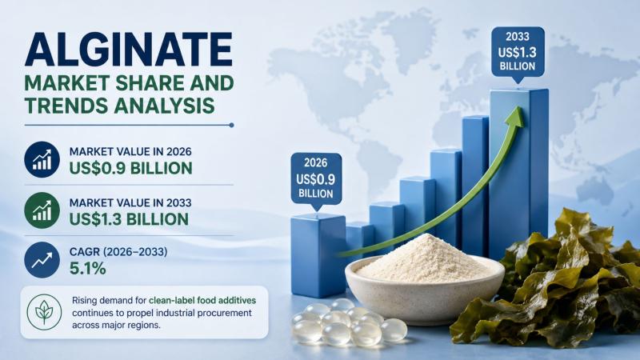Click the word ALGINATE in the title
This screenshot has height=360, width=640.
click(129, 50)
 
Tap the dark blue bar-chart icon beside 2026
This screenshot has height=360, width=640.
click(42, 159)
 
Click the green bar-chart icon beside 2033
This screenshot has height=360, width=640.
click(42, 210)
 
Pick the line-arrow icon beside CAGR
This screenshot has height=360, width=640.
click(42, 260)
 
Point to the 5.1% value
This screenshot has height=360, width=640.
click(88, 268)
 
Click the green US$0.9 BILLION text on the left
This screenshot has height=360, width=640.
click(130, 168)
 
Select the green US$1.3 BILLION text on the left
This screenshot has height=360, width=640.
click(129, 219)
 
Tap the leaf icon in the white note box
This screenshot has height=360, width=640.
click(44, 312)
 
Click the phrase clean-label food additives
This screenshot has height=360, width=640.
click(202, 301)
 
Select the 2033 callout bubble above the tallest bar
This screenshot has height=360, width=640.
click(518, 54)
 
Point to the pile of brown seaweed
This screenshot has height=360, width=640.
click(547, 282)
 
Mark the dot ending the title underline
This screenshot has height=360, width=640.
click(231, 126)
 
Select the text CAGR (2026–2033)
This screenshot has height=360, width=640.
click(118, 252)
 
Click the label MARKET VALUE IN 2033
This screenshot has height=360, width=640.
click(130, 202)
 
